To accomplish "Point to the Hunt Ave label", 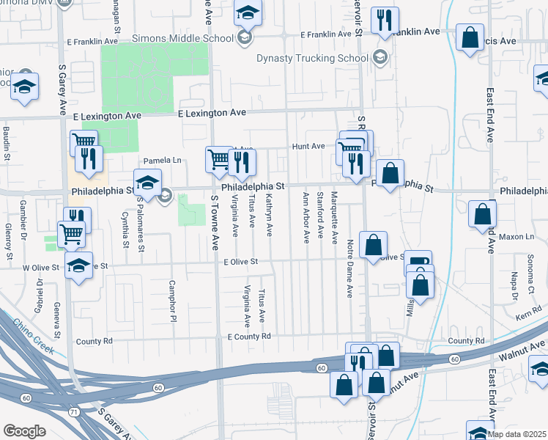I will click(x=308, y=146).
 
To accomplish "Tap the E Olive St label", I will click(x=242, y=262).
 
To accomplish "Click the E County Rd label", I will click(x=249, y=337).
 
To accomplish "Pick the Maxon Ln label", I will click(x=518, y=237).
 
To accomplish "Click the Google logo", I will click(x=24, y=431).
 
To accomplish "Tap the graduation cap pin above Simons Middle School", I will click(x=248, y=12).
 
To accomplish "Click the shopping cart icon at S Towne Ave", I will click(x=218, y=158).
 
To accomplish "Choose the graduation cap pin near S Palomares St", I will click(x=147, y=182).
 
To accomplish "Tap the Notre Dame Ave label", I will click(x=349, y=268).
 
